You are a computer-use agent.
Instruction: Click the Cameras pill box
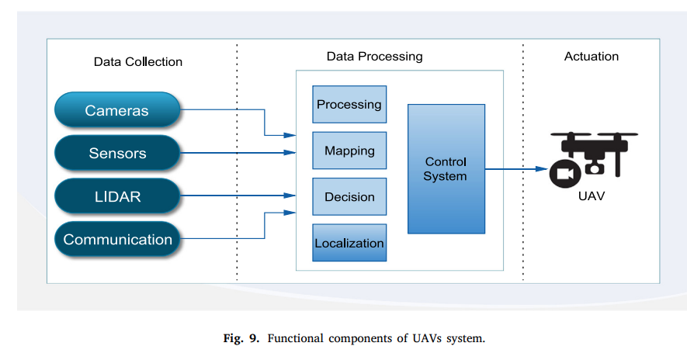pos(117,111)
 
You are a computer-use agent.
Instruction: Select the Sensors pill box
pos(117,153)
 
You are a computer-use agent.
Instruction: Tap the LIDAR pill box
pos(117,196)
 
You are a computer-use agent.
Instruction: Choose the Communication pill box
pos(117,239)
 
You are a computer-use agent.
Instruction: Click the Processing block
pos(349,105)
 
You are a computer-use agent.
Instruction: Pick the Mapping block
pos(349,151)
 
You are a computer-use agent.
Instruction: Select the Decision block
pos(349,197)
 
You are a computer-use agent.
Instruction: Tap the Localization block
pos(349,243)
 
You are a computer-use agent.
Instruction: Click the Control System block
pos(446,169)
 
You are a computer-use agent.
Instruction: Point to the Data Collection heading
pos(138,62)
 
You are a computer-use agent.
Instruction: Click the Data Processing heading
pos(374,57)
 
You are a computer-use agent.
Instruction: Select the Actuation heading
pos(592,57)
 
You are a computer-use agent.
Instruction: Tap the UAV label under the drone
pos(592,196)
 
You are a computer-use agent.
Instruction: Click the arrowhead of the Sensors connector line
pos(290,154)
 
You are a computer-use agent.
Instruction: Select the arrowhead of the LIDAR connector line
pos(290,196)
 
